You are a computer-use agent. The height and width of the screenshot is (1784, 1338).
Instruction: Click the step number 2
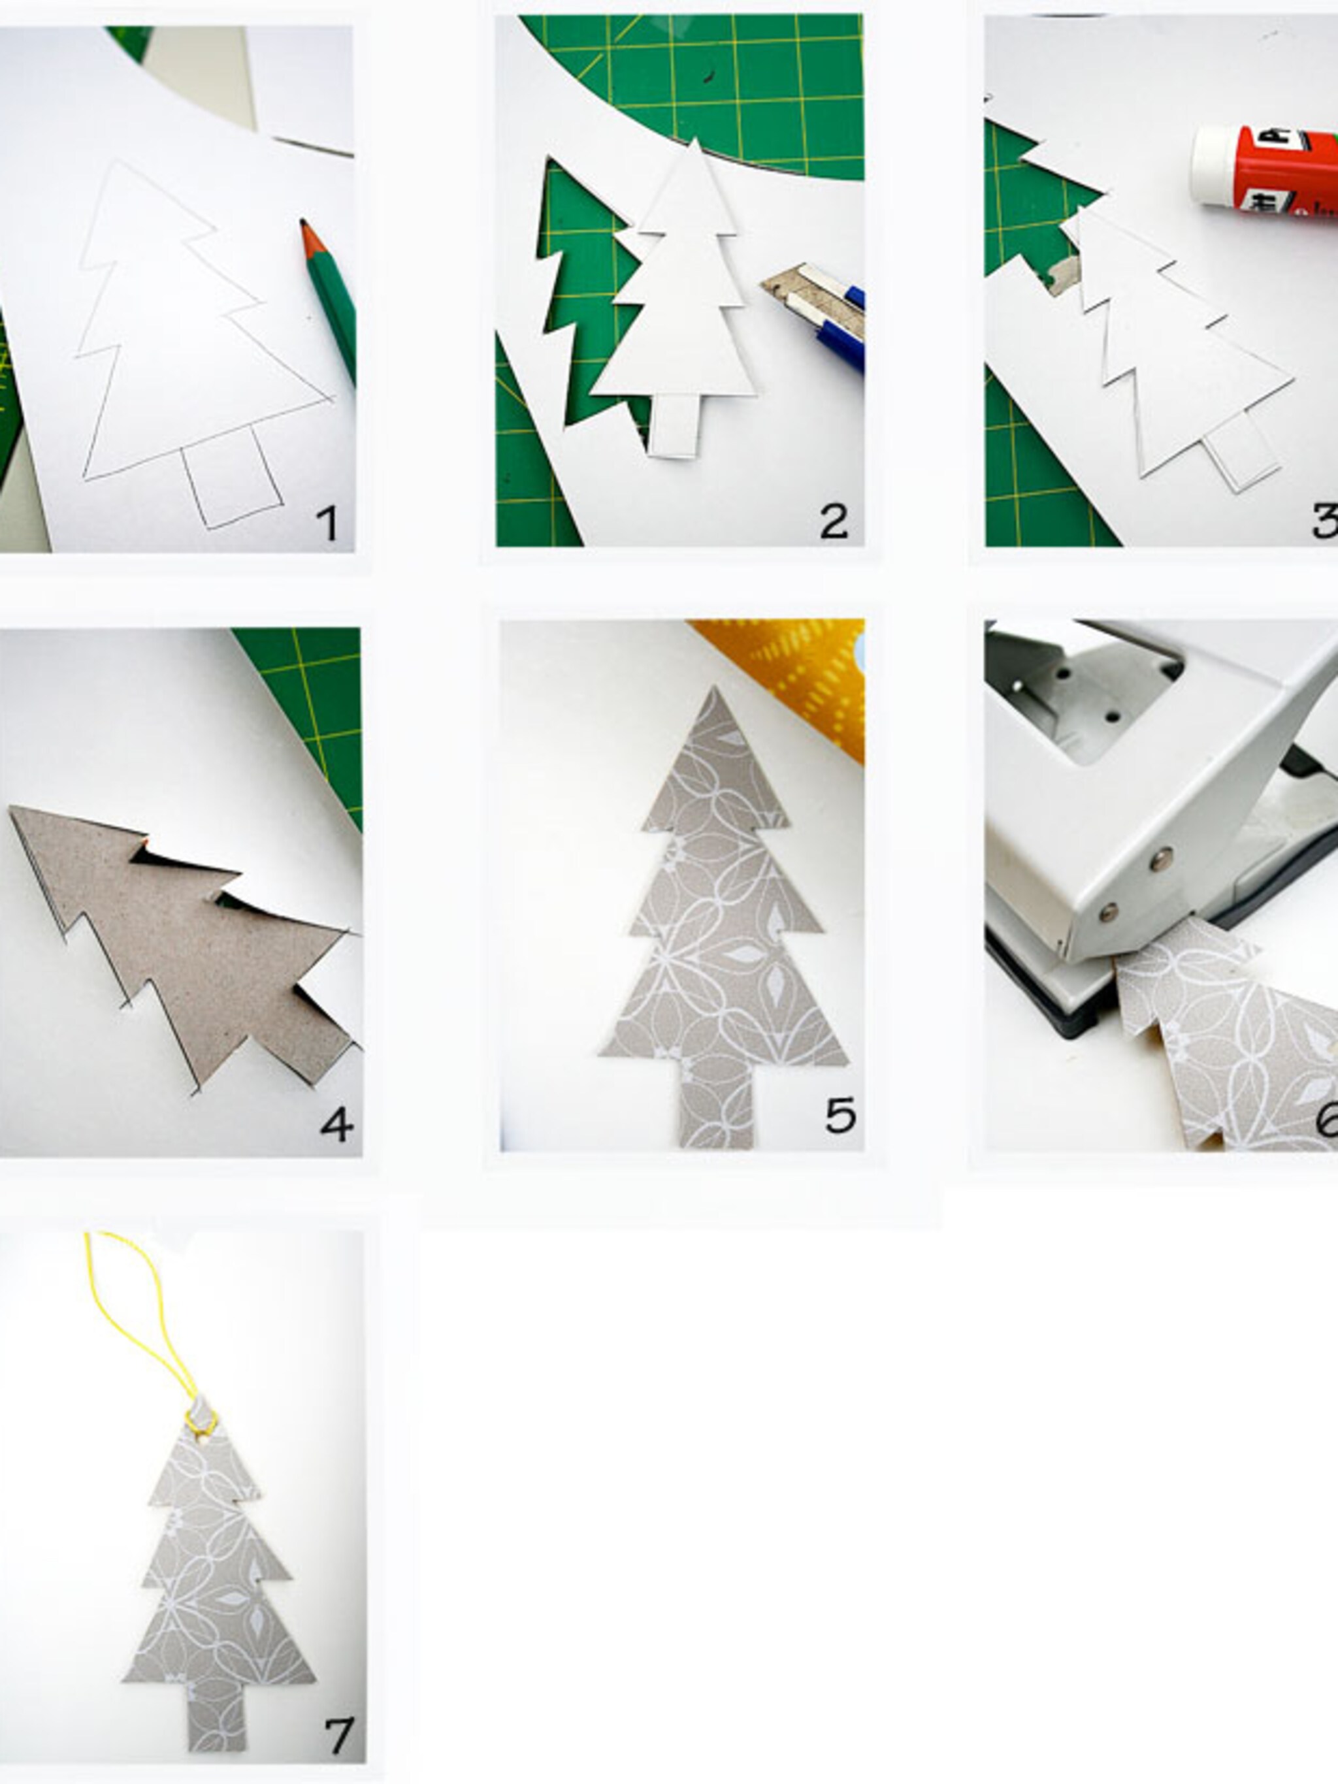click(x=833, y=522)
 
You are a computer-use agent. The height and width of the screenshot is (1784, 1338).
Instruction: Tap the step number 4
click(x=336, y=1123)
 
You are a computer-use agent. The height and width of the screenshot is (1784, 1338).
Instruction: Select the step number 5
click(x=840, y=1115)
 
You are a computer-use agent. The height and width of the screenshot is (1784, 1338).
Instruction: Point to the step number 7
click(x=338, y=1736)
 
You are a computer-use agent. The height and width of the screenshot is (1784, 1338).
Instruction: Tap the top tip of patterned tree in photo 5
click(x=713, y=692)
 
